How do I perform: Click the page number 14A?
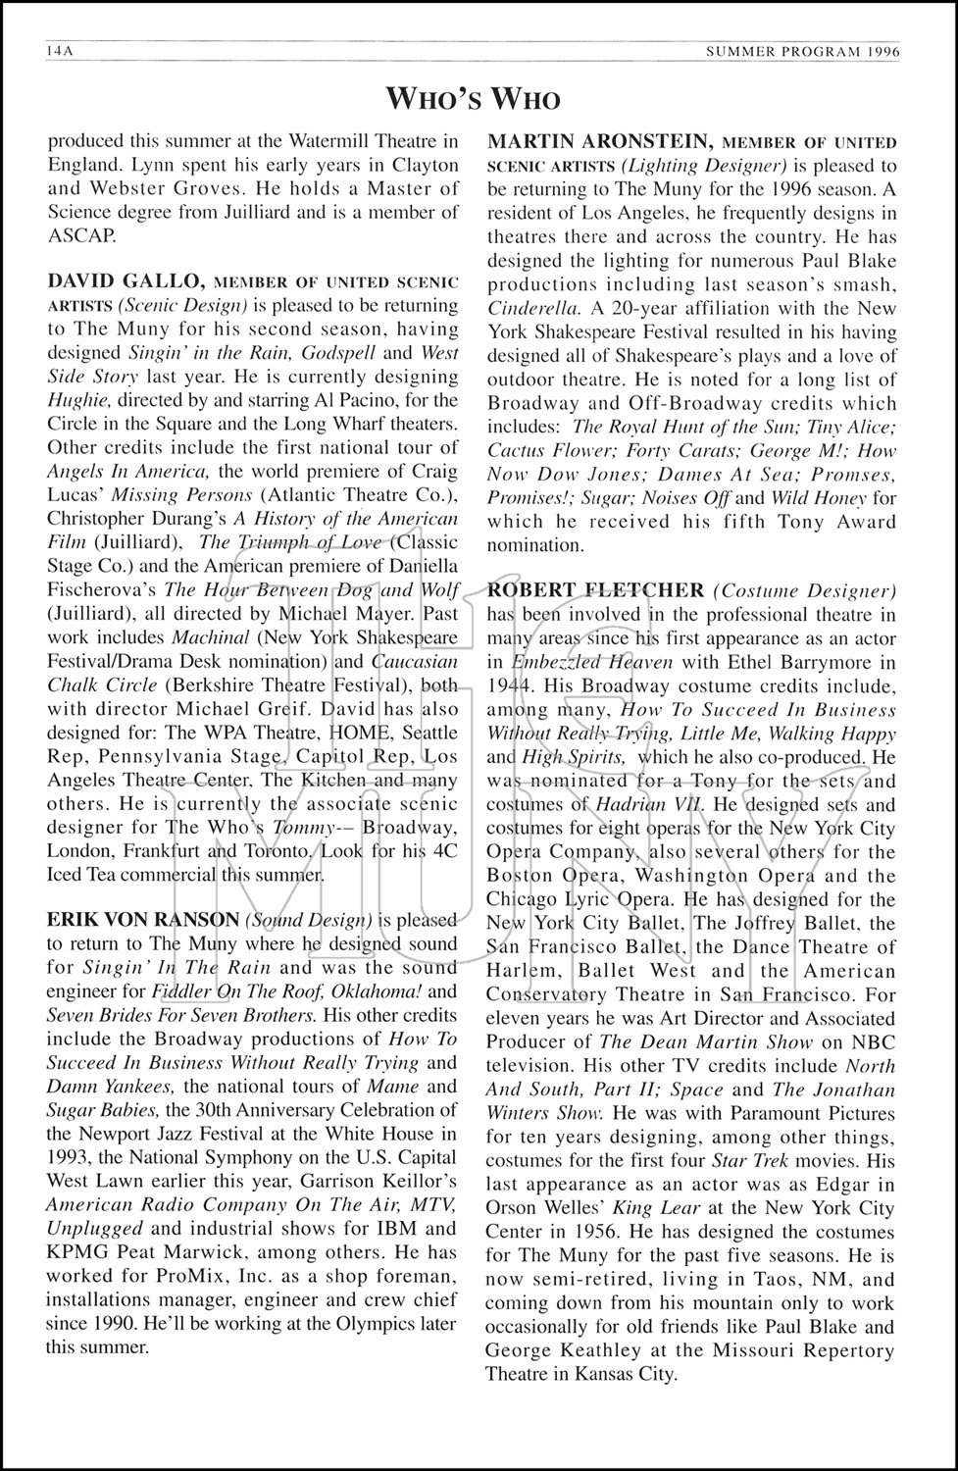pyautogui.click(x=60, y=51)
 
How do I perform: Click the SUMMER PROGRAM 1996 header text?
pyautogui.click(x=807, y=51)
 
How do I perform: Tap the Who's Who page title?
pyautogui.click(x=474, y=99)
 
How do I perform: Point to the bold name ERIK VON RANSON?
pyautogui.click(x=143, y=920)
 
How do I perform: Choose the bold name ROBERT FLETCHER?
pyautogui.click(x=595, y=590)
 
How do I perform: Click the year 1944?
pyautogui.click(x=509, y=685)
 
